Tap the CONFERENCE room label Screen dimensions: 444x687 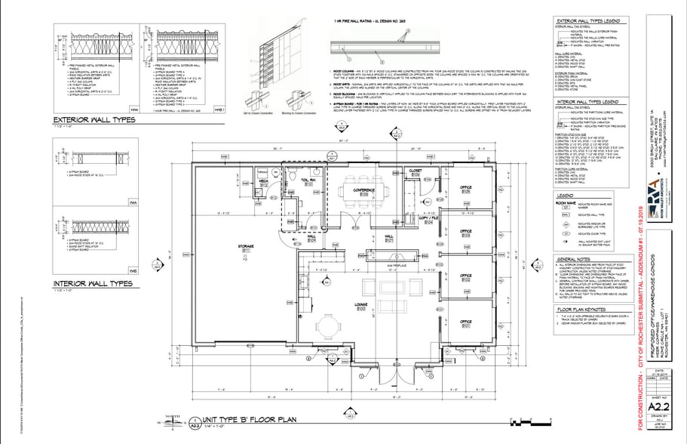(364, 192)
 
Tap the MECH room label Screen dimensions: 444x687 (265, 182)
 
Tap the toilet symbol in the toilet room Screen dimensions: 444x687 (293, 174)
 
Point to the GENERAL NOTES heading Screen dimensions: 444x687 (582, 259)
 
